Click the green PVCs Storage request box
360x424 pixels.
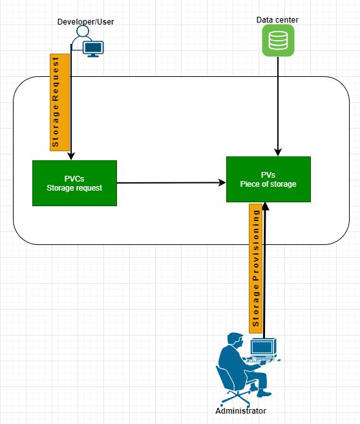click(x=74, y=183)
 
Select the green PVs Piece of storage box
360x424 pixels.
click(x=268, y=179)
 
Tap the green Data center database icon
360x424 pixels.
click(x=277, y=41)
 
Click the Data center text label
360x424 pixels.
click(x=277, y=20)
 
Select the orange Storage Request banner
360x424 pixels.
click(x=56, y=102)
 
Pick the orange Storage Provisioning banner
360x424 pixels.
click(x=256, y=267)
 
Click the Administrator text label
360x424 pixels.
click(x=240, y=411)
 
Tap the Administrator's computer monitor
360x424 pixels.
click(x=263, y=348)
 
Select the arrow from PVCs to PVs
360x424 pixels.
click(x=171, y=183)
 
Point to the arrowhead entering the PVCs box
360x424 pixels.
click(x=71, y=156)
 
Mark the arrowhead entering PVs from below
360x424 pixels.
click(x=265, y=207)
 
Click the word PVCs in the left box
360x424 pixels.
click(x=74, y=178)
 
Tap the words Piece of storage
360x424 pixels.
click(x=268, y=184)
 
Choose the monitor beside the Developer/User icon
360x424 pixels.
click(x=94, y=48)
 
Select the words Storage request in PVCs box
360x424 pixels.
click(x=74, y=188)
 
